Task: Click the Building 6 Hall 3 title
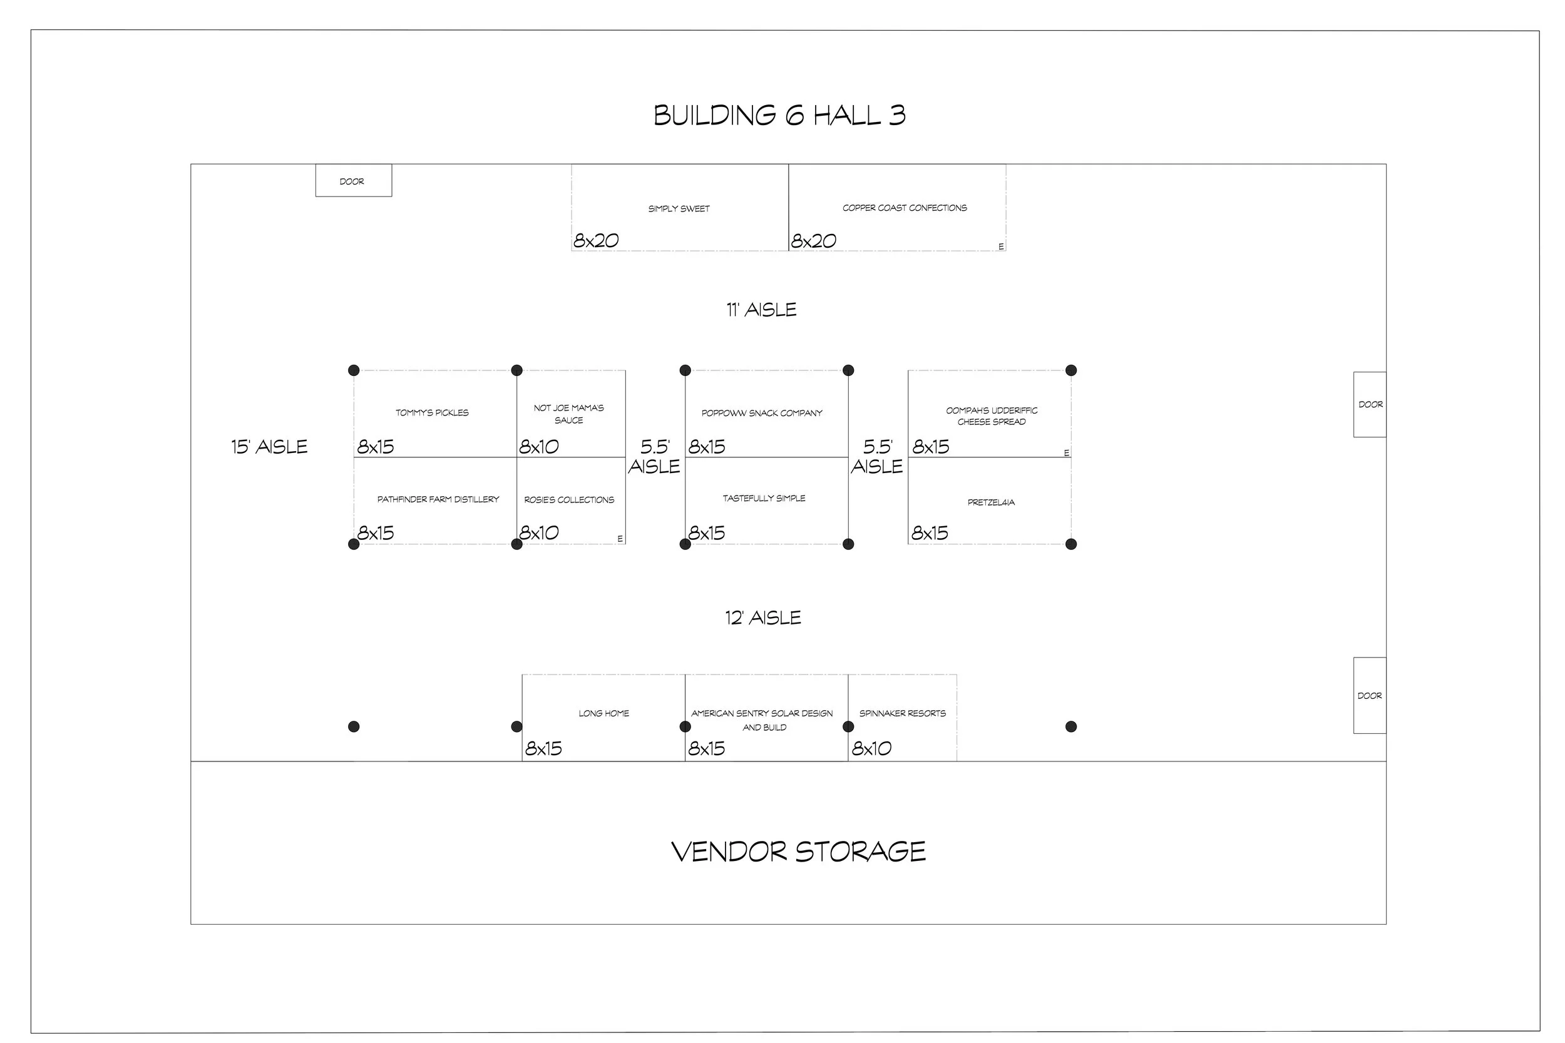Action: click(779, 116)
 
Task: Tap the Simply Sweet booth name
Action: click(679, 209)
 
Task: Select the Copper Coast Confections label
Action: click(905, 208)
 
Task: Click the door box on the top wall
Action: click(353, 181)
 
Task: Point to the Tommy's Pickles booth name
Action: click(432, 413)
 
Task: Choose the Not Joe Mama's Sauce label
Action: click(569, 414)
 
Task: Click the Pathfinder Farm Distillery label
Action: click(438, 499)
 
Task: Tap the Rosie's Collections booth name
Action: click(569, 500)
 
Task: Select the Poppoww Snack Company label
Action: click(762, 413)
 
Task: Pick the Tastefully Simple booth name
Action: click(764, 498)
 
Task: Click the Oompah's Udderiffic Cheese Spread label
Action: click(992, 415)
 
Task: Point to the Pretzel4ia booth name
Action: click(991, 502)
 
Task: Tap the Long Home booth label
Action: click(603, 714)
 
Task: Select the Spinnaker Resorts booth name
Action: click(902, 714)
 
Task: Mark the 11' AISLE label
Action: click(761, 310)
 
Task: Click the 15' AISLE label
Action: click(269, 447)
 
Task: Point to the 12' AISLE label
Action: click(763, 618)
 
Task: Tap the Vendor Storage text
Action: click(799, 852)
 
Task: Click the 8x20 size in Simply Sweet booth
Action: click(596, 241)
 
